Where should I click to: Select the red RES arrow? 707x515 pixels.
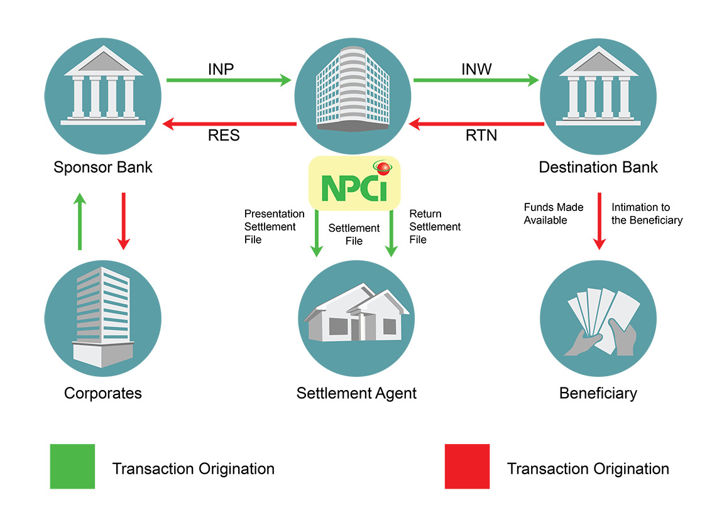click(x=229, y=124)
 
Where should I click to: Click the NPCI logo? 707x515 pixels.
click(x=354, y=183)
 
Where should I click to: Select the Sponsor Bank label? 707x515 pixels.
click(x=103, y=168)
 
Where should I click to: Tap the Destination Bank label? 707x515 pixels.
click(x=598, y=168)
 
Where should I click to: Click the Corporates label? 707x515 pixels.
click(x=103, y=394)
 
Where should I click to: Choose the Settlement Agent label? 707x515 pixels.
click(x=356, y=394)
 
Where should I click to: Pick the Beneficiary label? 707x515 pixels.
click(x=598, y=394)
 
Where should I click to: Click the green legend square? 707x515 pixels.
click(x=72, y=466)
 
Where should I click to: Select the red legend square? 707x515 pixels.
click(x=466, y=466)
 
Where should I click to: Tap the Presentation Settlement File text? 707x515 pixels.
click(x=274, y=226)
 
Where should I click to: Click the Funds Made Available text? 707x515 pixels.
click(x=554, y=214)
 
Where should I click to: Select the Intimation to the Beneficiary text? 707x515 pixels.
click(x=647, y=214)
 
